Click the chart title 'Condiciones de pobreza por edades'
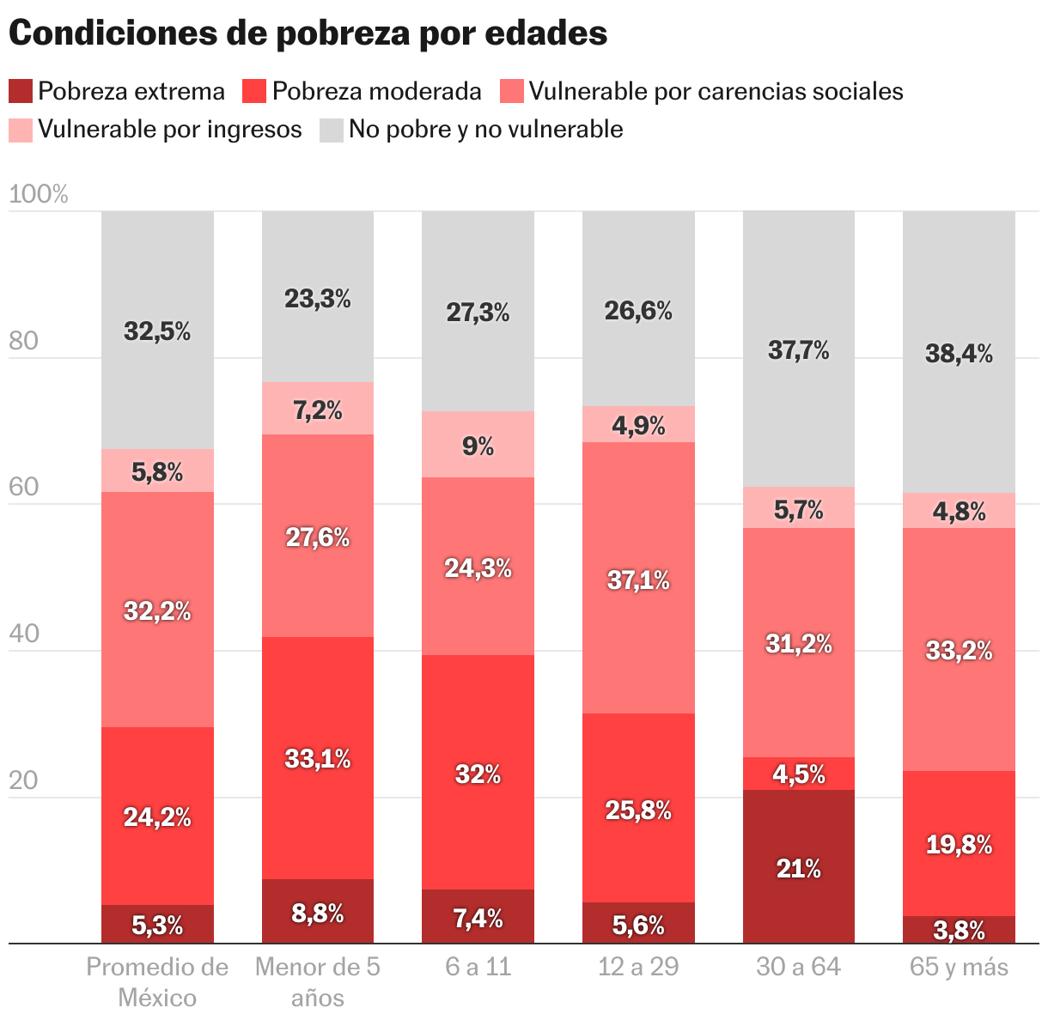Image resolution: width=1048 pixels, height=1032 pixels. point(308,33)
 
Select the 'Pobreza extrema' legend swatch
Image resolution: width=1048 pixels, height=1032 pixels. point(21,91)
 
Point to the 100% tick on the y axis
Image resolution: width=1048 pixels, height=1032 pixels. point(39,195)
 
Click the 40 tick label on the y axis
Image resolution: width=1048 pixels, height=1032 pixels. point(24,634)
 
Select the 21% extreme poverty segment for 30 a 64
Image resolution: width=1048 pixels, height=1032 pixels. point(799,867)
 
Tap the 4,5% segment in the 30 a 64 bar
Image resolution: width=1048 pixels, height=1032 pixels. point(799,774)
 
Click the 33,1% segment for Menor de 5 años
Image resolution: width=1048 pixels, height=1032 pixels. point(318,758)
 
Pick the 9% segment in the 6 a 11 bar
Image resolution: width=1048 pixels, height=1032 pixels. point(478,445)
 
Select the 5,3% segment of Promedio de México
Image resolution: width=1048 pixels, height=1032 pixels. point(157,924)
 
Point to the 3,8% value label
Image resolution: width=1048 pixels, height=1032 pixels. point(959,930)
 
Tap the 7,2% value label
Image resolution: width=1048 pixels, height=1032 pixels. point(318,410)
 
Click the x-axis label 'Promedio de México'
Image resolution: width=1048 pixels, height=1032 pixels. point(157,982)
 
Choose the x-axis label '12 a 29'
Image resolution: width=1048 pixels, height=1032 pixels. point(638,968)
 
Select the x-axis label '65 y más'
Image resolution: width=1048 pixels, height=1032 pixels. point(959,968)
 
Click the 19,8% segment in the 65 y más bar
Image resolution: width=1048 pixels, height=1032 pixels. point(959,844)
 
